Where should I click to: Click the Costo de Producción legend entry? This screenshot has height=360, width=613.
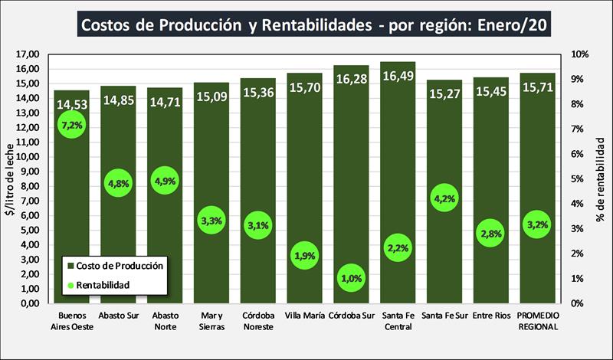(122, 265)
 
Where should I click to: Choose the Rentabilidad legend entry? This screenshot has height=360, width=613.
(107, 284)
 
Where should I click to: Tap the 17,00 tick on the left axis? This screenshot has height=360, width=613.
(28, 54)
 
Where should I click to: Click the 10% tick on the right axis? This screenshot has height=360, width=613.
(580, 54)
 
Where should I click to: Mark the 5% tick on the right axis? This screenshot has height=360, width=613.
(580, 178)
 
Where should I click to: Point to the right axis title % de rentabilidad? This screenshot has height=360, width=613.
(602, 178)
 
